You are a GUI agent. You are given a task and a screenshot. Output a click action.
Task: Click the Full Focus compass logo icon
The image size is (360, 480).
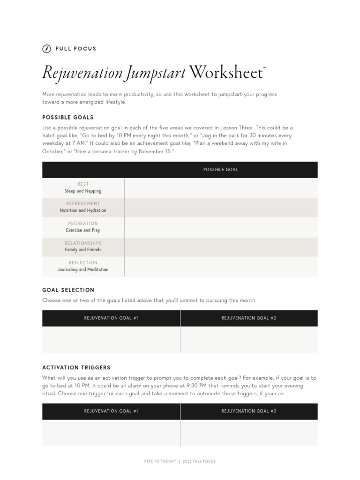(46, 48)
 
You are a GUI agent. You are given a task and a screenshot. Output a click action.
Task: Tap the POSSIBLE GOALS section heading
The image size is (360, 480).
(68, 117)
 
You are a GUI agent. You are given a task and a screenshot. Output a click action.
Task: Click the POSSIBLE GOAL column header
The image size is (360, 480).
(220, 170)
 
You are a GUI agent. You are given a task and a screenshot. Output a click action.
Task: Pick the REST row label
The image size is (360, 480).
(83, 184)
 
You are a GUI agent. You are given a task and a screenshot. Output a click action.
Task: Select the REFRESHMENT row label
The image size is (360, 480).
(83, 204)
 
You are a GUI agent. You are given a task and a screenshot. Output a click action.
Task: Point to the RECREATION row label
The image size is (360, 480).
(83, 224)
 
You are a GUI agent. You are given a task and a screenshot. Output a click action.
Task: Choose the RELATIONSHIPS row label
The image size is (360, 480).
(83, 243)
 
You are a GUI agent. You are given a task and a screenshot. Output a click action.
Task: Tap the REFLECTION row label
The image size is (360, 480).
(83, 263)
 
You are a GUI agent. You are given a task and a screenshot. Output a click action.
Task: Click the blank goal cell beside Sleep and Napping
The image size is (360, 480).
(220, 187)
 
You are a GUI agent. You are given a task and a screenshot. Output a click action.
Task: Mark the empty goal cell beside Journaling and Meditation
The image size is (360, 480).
(220, 266)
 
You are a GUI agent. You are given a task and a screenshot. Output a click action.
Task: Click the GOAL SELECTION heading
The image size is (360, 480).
(68, 290)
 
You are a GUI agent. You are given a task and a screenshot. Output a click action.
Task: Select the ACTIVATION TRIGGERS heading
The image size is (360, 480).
(76, 367)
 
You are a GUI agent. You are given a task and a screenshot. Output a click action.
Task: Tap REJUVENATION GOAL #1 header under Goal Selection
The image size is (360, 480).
(111, 318)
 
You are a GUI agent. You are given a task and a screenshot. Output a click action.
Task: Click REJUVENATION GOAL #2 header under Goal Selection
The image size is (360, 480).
(249, 318)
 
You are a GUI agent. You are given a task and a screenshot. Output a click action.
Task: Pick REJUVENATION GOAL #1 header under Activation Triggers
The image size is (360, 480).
(111, 411)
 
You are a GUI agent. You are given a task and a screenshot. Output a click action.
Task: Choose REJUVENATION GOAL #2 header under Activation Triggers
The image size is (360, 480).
(249, 411)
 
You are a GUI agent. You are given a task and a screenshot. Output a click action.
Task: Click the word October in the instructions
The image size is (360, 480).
(52, 152)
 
